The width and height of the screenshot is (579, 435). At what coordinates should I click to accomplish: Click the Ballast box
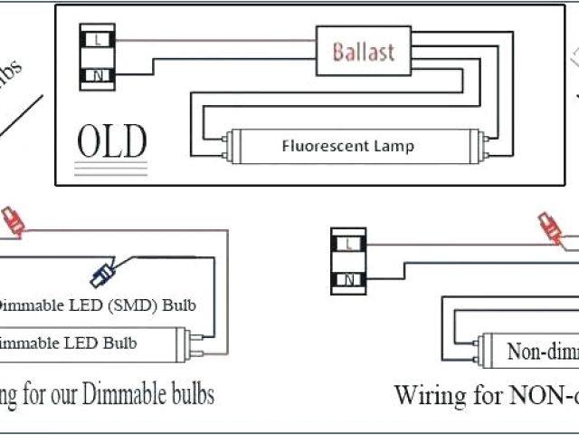[x=363, y=51]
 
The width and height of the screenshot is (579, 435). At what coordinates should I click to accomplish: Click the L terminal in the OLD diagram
[x=98, y=40]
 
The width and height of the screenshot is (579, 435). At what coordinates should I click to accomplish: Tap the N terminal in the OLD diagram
[x=98, y=76]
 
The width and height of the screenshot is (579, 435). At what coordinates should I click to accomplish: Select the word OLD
[x=111, y=141]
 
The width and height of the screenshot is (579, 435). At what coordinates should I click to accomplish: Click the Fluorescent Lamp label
[x=347, y=145]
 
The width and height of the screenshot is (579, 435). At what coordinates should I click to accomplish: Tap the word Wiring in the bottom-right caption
[x=428, y=396]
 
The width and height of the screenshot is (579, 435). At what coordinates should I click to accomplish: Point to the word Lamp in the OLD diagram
[x=394, y=145]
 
